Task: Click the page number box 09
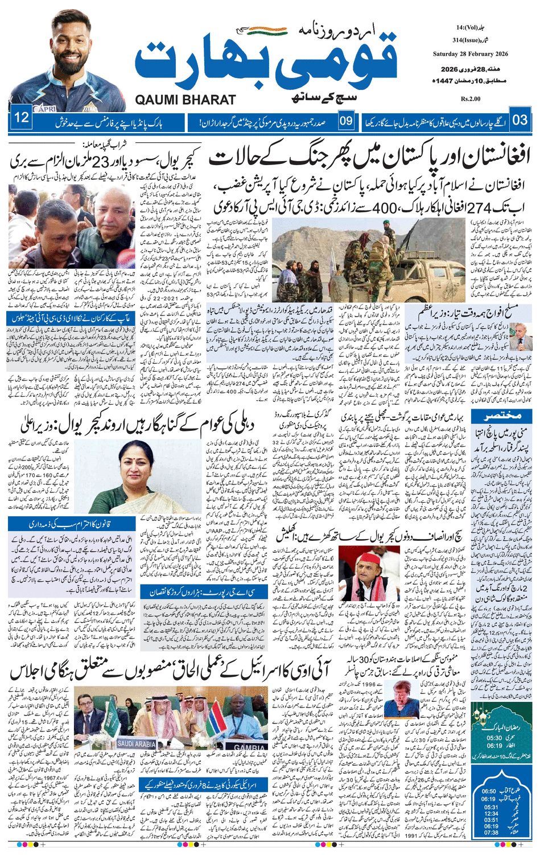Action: pos(346,121)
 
